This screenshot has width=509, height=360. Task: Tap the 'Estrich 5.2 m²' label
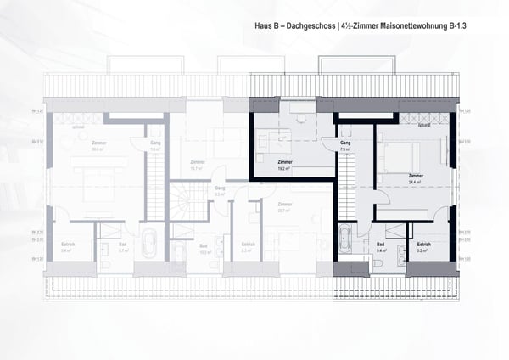point(425,248)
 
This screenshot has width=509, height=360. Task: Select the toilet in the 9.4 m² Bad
point(378,265)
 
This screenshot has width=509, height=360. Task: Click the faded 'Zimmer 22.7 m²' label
point(284,208)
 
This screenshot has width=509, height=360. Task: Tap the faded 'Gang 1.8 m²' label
point(155,146)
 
